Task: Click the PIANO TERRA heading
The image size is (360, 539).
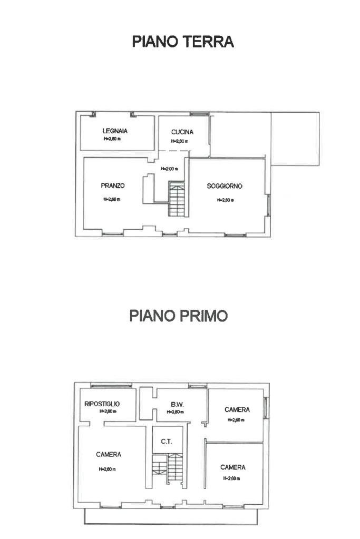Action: tap(182, 42)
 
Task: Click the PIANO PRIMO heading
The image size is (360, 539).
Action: tap(179, 316)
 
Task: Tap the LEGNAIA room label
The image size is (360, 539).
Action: tap(115, 131)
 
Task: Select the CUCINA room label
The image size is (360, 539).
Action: tap(182, 132)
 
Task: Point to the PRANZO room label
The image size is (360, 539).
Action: tap(112, 185)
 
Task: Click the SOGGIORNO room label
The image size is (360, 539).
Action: tap(225, 186)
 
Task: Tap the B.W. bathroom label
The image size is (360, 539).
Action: tap(176, 404)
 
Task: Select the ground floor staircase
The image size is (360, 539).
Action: tap(176, 199)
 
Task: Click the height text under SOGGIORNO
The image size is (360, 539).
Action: tap(225, 200)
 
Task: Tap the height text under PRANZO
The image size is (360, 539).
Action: tap(112, 199)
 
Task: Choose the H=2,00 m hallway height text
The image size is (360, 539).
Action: tap(169, 169)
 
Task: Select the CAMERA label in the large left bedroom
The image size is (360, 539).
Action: tap(109, 454)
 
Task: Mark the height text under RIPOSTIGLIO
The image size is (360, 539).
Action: tap(108, 411)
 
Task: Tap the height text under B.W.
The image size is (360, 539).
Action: tap(175, 412)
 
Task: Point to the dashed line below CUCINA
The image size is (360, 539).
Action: tap(174, 151)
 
